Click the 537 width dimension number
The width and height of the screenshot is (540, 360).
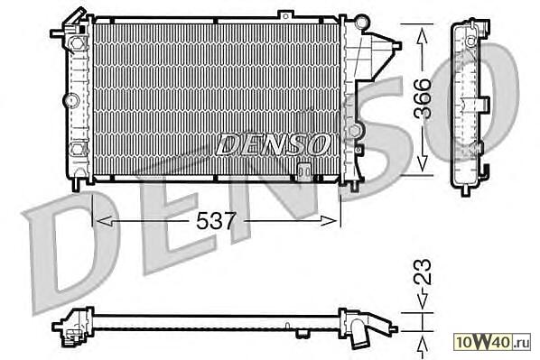click(x=217, y=221)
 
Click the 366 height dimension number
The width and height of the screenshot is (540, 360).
click(x=423, y=98)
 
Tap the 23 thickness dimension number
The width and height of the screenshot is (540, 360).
click(x=423, y=272)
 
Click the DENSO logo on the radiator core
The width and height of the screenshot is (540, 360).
click(x=272, y=143)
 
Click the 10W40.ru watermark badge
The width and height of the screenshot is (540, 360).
click(x=493, y=342)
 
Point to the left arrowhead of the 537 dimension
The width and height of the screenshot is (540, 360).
click(x=104, y=221)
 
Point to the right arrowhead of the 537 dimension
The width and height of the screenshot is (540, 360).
click(x=328, y=221)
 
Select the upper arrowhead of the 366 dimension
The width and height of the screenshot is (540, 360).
click(x=423, y=36)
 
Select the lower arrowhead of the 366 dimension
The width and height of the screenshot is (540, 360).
click(x=423, y=163)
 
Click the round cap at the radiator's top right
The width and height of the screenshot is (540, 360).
click(x=361, y=23)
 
